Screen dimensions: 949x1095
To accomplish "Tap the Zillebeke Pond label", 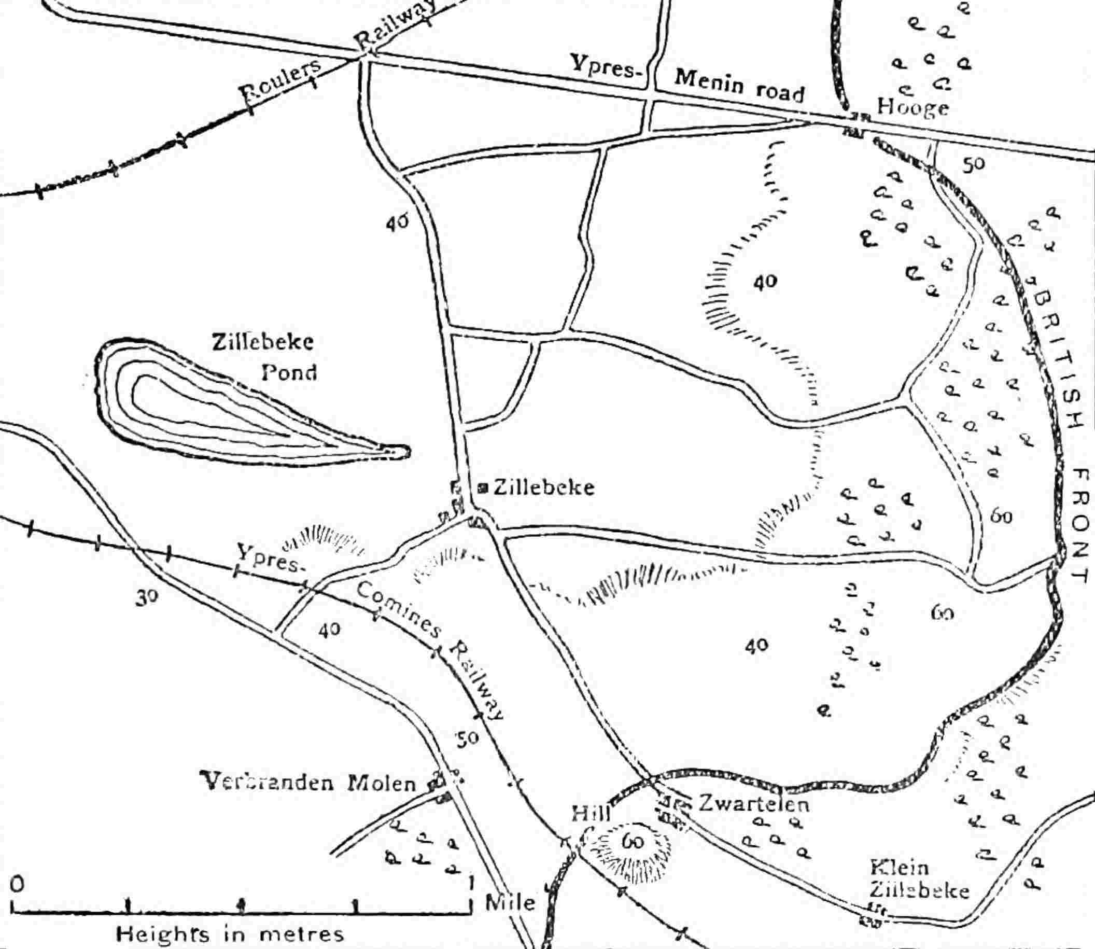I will click(x=264, y=357).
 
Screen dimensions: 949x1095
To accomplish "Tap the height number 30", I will click(x=146, y=597).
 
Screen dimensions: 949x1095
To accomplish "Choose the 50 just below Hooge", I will click(x=973, y=165).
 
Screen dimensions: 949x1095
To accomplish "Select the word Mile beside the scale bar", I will click(x=511, y=902).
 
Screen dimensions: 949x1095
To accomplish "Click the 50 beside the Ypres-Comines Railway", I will click(x=468, y=738).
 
